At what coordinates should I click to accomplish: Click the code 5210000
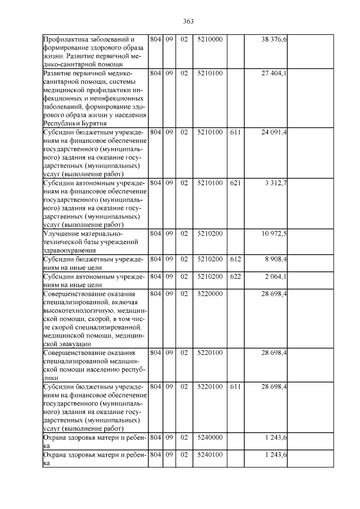coord(210,39)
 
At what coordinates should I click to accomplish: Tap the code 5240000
coord(210,436)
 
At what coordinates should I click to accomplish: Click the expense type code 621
coord(235,183)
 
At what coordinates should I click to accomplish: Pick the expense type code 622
coord(235,276)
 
